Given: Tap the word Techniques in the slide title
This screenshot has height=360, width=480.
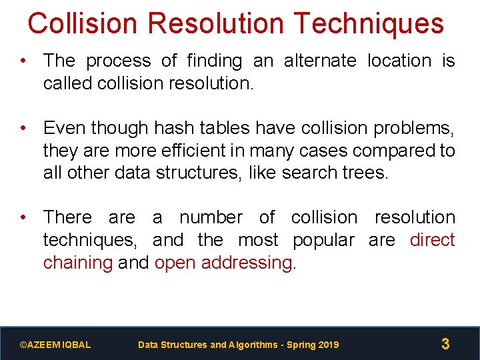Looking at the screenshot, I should click(368, 23).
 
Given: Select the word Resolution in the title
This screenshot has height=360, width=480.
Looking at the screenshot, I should click(217, 23).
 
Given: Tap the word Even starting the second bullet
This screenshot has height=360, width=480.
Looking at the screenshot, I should click(65, 128).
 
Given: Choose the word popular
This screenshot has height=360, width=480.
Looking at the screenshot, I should click(323, 240).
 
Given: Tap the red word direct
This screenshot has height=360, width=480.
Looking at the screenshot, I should click(433, 240).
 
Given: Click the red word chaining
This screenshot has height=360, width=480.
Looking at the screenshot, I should click(77, 263).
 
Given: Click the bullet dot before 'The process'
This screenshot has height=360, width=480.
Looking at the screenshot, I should click(23, 61).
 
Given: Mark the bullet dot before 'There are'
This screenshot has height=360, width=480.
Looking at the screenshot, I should click(23, 217).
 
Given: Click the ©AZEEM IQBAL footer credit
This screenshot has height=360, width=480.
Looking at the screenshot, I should click(55, 345).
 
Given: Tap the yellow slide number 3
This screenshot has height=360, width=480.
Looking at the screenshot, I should click(445, 345).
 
